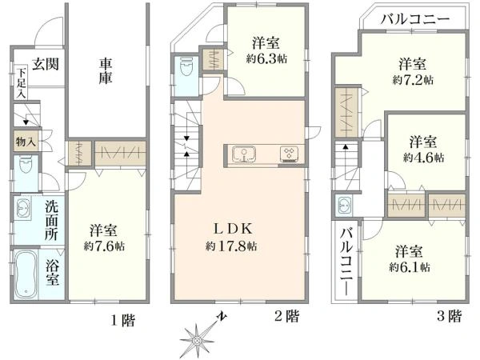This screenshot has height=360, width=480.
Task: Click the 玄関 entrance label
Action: (x=33, y=62)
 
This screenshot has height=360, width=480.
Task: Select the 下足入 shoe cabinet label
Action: (x=20, y=84)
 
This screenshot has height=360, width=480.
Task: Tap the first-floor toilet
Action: (x=25, y=170)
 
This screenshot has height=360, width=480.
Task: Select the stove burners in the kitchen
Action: (x=289, y=154)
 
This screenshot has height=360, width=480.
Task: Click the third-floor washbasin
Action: (x=345, y=206)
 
